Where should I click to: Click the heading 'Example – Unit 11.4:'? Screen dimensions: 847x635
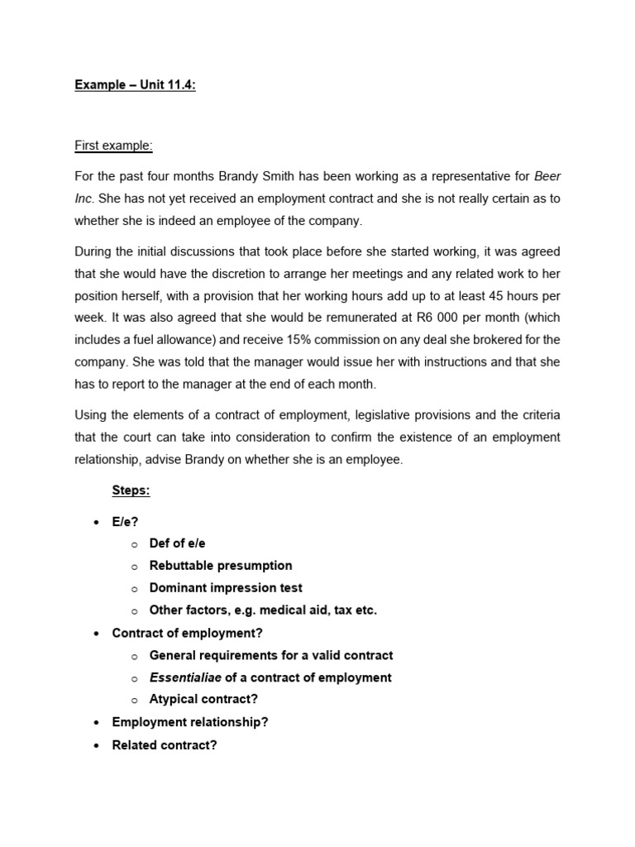point(136,85)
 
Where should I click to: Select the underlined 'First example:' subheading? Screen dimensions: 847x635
point(113,146)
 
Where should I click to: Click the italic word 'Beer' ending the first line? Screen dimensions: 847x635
point(548,176)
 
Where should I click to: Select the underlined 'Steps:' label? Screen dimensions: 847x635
point(131,490)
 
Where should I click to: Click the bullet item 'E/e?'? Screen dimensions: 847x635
point(126,522)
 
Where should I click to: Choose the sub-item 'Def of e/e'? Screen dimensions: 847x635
point(177,543)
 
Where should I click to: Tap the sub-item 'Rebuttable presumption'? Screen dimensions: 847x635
point(221,566)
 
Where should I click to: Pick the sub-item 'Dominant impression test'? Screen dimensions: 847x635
point(226,588)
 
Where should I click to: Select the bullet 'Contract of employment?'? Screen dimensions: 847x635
point(183,633)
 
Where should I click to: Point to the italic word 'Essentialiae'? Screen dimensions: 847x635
point(185,677)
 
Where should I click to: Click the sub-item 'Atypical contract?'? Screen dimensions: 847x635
point(203,700)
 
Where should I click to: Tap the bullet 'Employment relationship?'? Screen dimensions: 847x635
point(190,722)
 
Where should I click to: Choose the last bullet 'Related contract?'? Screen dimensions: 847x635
point(165,744)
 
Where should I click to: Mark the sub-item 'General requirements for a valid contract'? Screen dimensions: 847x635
point(271,655)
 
